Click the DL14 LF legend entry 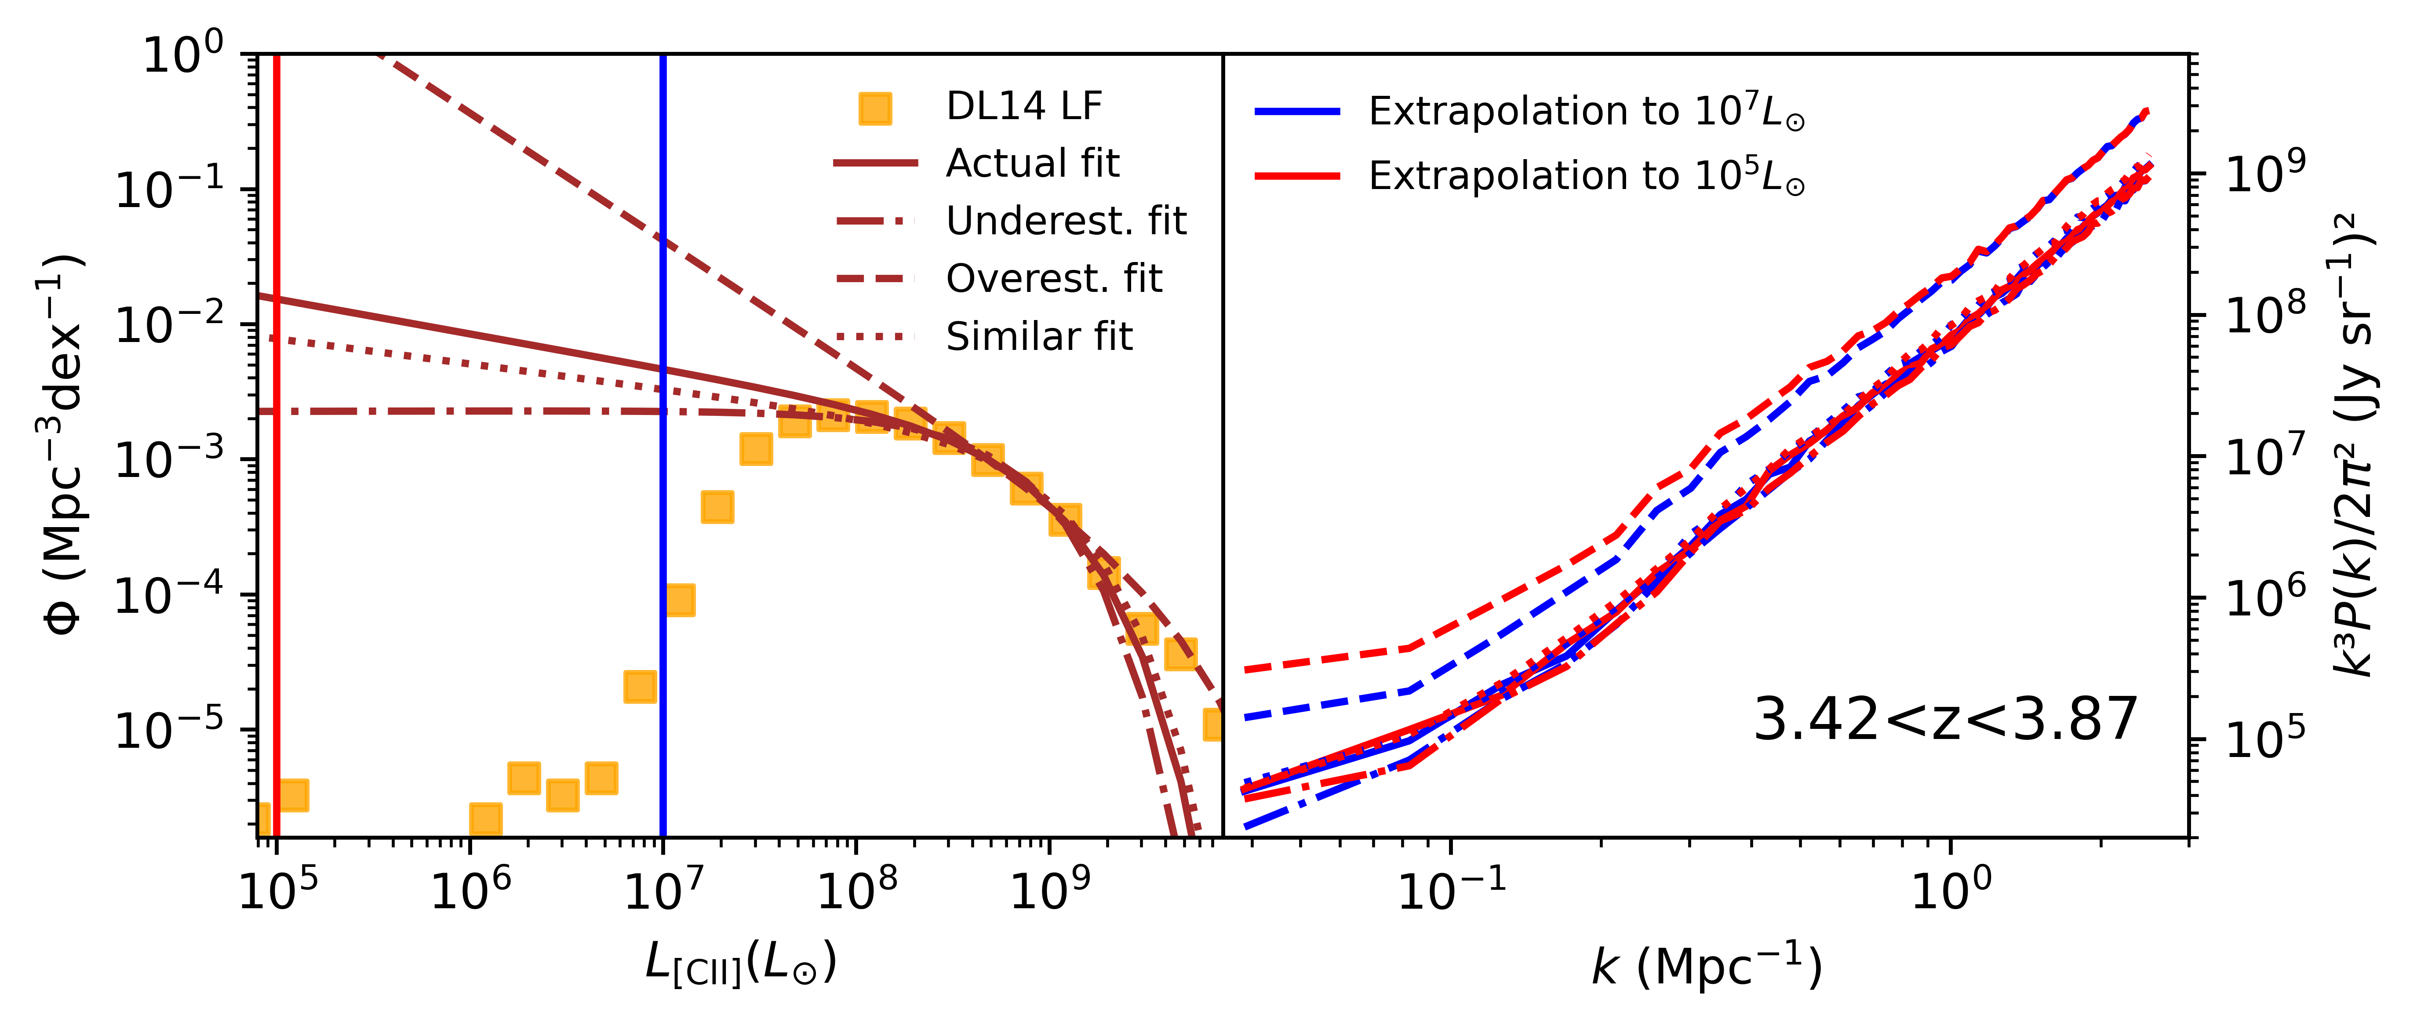1023,107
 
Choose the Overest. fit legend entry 1054,279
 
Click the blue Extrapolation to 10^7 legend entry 1586,112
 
